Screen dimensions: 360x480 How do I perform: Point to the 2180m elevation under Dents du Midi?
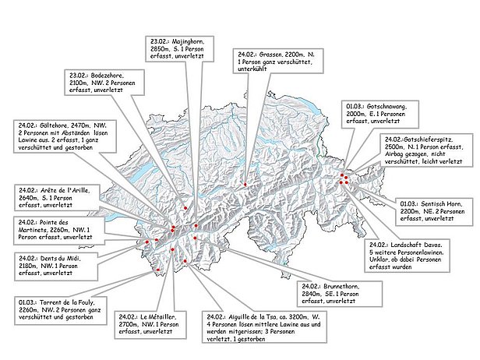(33, 265)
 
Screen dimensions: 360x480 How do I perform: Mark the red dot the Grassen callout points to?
(245, 184)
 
